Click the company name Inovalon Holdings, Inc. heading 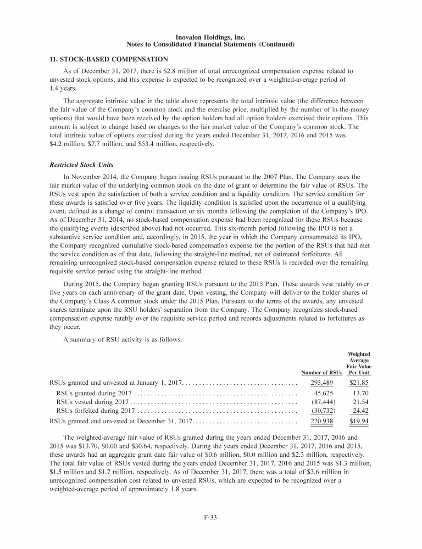click(x=210, y=37)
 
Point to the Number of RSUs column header click(x=322, y=373)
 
